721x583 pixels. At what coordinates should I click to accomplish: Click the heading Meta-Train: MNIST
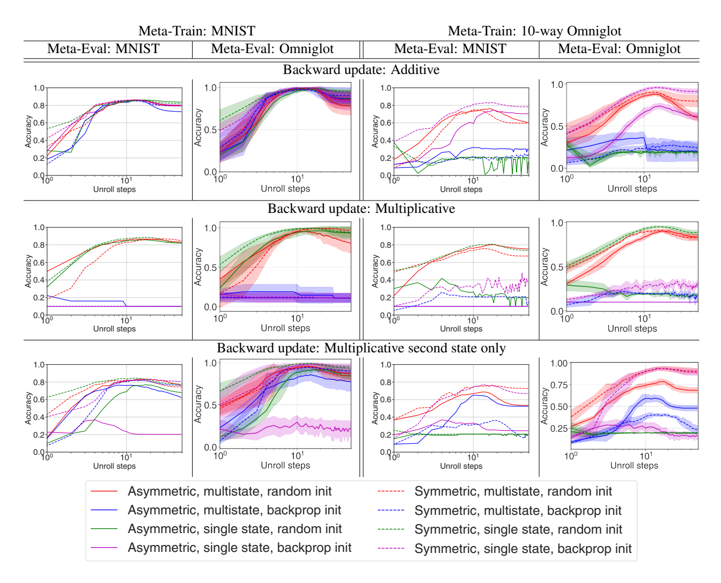[197, 31]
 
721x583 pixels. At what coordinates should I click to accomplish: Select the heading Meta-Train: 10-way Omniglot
[534, 31]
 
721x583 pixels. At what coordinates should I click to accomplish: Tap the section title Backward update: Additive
[361, 70]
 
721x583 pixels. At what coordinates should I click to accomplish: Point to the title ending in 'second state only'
[361, 348]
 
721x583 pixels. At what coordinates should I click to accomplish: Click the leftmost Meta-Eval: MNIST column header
[104, 49]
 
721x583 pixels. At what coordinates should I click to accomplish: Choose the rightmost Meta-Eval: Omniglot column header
[619, 49]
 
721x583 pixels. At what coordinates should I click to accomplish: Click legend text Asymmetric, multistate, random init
[230, 491]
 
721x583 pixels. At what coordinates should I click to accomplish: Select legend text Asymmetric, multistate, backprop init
[234, 510]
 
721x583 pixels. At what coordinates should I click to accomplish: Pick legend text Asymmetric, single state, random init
[234, 529]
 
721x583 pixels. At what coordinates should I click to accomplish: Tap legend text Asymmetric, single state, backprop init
[239, 548]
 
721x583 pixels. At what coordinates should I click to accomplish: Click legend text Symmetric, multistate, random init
[513, 491]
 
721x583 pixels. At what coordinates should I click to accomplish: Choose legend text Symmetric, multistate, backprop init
[518, 511]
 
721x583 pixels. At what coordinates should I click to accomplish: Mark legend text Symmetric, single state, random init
[518, 529]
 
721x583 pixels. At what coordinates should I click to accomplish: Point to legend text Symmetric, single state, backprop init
[523, 549]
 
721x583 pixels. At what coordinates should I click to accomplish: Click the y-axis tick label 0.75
[559, 385]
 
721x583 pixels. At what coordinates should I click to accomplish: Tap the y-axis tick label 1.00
[559, 363]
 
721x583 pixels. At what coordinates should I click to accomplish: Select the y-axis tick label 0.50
[559, 407]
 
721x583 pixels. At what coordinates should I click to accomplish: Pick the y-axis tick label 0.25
[559, 429]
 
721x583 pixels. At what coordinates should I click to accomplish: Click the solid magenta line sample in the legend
[104, 548]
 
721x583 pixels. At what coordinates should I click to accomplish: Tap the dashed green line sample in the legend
[391, 529]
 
